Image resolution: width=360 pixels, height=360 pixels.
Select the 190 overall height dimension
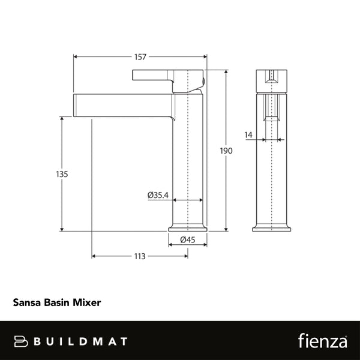pyautogui.click(x=226, y=151)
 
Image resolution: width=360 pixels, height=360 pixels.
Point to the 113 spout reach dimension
pyautogui.click(x=139, y=256)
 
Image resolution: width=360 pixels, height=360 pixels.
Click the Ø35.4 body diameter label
pyautogui.click(x=158, y=194)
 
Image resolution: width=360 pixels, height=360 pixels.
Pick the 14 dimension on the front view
pyautogui.click(x=248, y=136)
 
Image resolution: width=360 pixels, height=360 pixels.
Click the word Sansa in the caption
pyautogui.click(x=27, y=303)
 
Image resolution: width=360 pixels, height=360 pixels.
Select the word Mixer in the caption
pyautogui.click(x=86, y=303)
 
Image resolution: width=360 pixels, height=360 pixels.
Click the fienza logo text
pyautogui.click(x=322, y=341)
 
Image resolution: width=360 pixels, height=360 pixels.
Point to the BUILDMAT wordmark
pyautogui.click(x=80, y=341)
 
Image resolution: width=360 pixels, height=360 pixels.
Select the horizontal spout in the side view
pyautogui.click(x=123, y=106)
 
